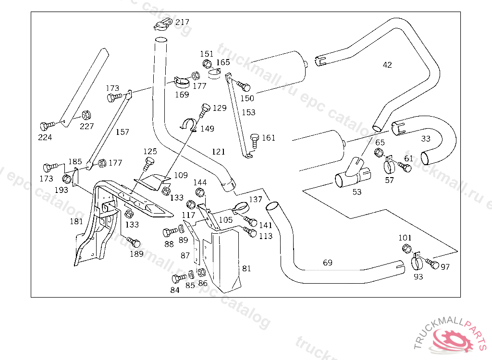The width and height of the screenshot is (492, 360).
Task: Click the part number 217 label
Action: [x=182, y=22]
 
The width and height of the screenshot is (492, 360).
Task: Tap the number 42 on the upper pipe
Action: [x=387, y=65]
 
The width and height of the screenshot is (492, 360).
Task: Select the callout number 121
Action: [x=219, y=152]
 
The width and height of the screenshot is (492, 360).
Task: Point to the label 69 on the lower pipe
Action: [x=328, y=263]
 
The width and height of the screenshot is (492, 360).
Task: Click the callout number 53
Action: [x=357, y=192]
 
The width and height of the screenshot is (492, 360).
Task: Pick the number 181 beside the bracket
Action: [x=76, y=221]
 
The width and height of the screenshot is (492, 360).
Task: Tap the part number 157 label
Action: [x=123, y=132]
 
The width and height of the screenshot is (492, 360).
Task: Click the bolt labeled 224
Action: [x=48, y=126]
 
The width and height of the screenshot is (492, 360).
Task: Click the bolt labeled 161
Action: [x=255, y=141]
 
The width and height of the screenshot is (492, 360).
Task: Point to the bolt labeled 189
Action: [x=134, y=242]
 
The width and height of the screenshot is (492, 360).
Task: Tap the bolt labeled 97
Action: [x=432, y=264]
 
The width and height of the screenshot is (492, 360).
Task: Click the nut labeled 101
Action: [x=406, y=249]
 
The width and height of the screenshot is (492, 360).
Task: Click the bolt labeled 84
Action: [x=179, y=278]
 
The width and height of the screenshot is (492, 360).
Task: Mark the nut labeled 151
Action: [x=207, y=64]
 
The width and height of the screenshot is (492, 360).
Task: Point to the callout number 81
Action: [x=246, y=268]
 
